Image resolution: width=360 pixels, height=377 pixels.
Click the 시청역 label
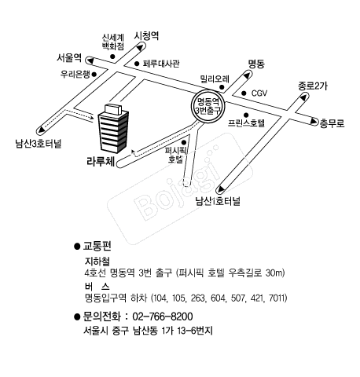click(146, 36)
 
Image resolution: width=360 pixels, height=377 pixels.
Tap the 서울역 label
click(69, 57)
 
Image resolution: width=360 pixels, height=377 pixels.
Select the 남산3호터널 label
click(39, 144)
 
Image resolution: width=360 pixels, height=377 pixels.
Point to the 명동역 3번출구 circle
click(208, 105)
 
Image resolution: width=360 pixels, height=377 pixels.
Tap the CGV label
click(259, 93)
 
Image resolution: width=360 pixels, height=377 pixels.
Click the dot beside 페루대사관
click(137, 64)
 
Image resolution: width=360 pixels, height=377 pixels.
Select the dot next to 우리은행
click(94, 75)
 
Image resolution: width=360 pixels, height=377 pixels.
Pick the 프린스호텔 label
click(246, 123)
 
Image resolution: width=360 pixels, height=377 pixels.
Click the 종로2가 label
click(313, 86)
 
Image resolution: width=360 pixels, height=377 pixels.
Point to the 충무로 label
click(332, 123)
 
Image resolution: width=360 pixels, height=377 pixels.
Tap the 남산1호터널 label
click(218, 201)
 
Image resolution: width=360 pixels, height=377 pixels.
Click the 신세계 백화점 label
click(113, 42)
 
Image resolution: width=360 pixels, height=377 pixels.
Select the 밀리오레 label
click(215, 79)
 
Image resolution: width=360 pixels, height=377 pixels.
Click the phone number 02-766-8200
click(163, 317)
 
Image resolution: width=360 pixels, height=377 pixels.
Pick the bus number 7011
click(277, 298)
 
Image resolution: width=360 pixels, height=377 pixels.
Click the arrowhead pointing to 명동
click(247, 75)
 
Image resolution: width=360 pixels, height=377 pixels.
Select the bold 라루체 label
click(101, 162)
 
